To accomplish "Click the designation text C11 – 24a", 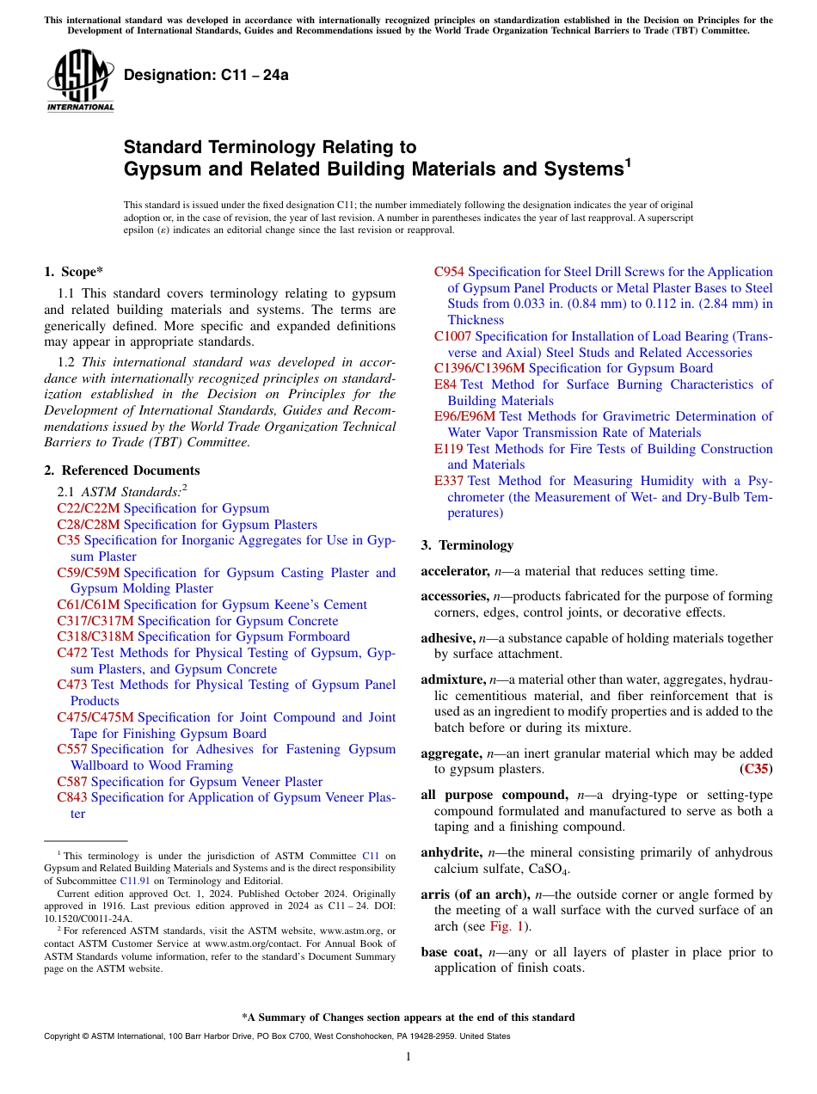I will [x=206, y=75].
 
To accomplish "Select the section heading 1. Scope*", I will [x=73, y=272].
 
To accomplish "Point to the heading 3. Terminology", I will [x=467, y=545].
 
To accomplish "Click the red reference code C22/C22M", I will [x=89, y=508].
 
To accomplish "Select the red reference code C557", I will [x=72, y=749].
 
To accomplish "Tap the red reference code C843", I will [x=72, y=797].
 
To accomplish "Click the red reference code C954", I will [x=449, y=272].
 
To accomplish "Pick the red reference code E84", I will [x=445, y=384].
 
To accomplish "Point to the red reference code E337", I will [x=449, y=481].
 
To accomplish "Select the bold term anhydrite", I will [x=451, y=852].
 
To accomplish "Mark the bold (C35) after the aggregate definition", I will [x=756, y=769].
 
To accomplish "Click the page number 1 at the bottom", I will [x=408, y=1056].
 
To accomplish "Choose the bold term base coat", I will [x=450, y=952].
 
